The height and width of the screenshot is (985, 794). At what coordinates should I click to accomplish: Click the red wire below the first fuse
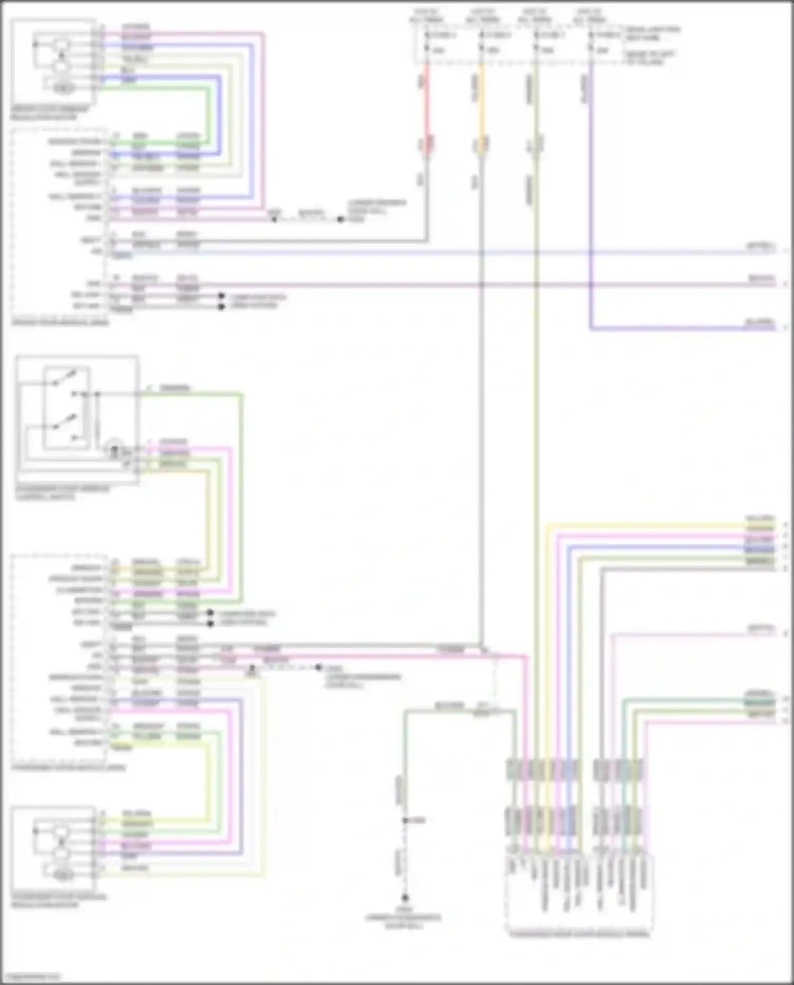(x=427, y=106)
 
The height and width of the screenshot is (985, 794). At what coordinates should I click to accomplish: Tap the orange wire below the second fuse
(x=481, y=106)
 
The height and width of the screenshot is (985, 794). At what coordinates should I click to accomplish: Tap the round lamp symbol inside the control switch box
(x=115, y=448)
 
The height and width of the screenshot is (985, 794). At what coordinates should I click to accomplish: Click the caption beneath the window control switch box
(x=62, y=493)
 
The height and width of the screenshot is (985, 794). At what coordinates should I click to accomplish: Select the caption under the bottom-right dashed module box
(x=579, y=934)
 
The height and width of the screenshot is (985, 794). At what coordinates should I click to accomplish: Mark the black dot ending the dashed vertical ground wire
(x=405, y=898)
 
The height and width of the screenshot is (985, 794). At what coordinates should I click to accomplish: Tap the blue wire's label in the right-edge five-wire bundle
(x=760, y=549)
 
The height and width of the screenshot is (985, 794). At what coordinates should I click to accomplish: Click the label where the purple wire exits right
(x=760, y=322)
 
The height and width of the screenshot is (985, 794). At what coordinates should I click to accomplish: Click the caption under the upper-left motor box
(x=50, y=113)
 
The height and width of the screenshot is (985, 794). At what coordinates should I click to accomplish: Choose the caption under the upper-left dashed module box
(x=60, y=322)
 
